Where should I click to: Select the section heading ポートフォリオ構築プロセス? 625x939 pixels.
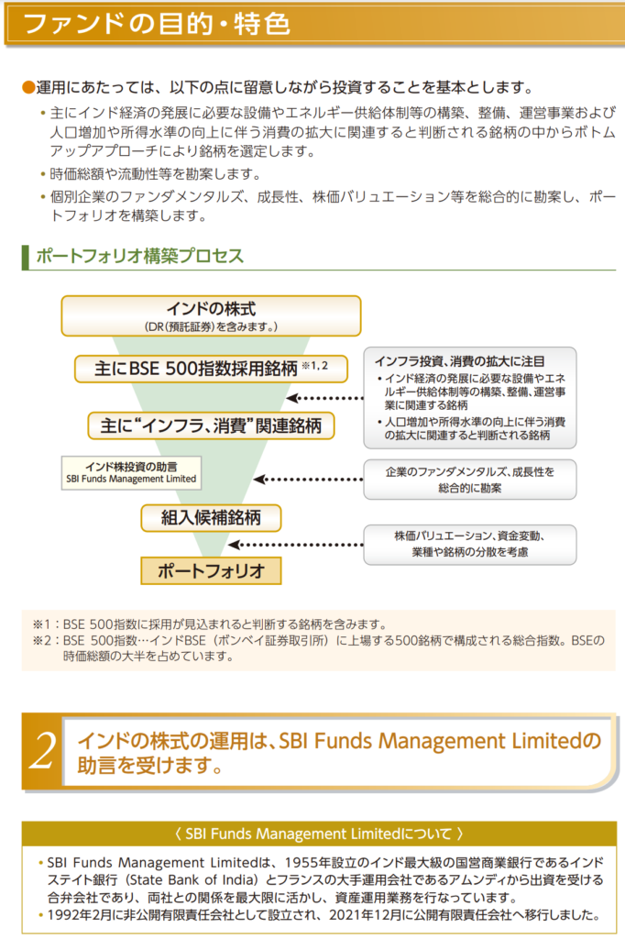click(139, 256)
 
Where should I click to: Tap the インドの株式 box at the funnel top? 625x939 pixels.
click(211, 315)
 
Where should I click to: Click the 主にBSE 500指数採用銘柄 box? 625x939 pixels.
click(211, 369)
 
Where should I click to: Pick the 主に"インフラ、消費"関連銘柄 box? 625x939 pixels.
click(211, 425)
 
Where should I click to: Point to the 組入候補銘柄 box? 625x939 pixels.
click(211, 518)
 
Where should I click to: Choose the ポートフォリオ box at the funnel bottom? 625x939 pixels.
click(211, 570)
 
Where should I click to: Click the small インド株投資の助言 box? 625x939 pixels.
click(130, 472)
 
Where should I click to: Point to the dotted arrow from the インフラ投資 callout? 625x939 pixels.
click(325, 399)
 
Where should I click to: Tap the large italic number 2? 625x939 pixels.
click(42, 749)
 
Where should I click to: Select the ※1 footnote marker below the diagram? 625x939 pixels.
click(40, 624)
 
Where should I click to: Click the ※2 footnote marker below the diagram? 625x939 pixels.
click(40, 640)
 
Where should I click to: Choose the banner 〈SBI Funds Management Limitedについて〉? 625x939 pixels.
click(312, 834)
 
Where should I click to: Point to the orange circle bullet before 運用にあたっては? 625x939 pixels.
click(27, 88)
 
